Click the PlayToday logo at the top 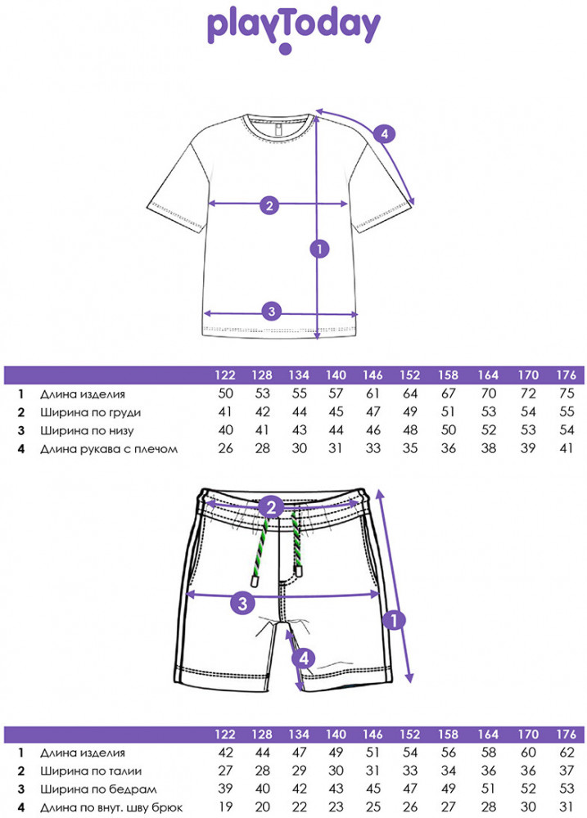293,29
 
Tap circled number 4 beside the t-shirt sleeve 384,133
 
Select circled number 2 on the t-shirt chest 269,204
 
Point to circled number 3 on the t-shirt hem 272,311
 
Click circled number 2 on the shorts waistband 273,508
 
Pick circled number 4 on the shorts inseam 303,657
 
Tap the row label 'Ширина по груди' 90,411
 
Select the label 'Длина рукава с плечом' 108,448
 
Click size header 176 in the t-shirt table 566,375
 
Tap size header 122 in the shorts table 225,734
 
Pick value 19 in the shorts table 225,807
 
